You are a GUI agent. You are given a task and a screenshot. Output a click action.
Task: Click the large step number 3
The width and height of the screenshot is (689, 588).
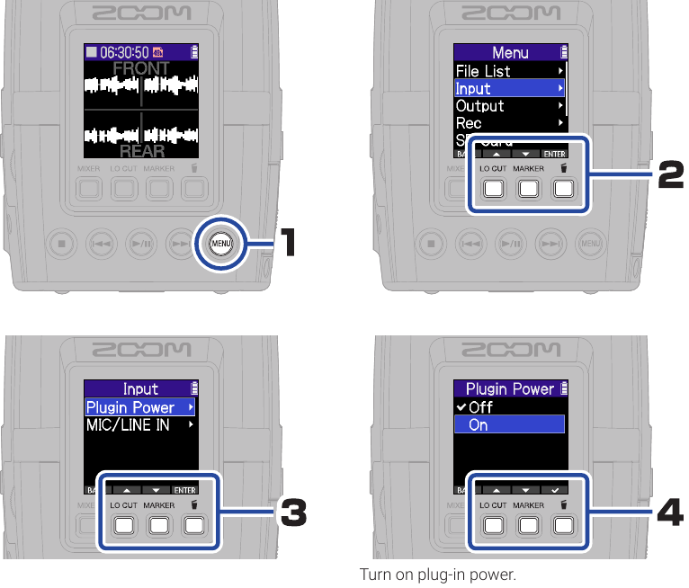pyautogui.click(x=293, y=514)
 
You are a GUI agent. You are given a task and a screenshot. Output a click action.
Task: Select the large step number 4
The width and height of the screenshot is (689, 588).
pyautogui.click(x=670, y=514)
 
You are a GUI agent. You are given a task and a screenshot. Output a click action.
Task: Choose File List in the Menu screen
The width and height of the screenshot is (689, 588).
pyautogui.click(x=483, y=71)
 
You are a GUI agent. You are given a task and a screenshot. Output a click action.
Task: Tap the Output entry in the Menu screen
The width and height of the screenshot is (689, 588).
pyautogui.click(x=480, y=106)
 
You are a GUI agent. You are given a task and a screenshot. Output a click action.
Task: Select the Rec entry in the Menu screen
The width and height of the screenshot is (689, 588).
pyautogui.click(x=469, y=123)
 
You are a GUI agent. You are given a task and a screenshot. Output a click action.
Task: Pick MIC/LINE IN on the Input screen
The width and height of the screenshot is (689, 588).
pyautogui.click(x=128, y=425)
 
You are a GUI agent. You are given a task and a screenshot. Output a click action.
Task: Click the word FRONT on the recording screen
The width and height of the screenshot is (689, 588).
pyautogui.click(x=140, y=68)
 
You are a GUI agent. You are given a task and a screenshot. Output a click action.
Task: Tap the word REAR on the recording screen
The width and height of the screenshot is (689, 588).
pyautogui.click(x=141, y=151)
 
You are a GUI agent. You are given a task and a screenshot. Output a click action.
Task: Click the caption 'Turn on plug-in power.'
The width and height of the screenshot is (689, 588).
pyautogui.click(x=438, y=574)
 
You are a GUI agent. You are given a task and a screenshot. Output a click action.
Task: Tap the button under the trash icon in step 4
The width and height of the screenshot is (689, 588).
pyautogui.click(x=563, y=525)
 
